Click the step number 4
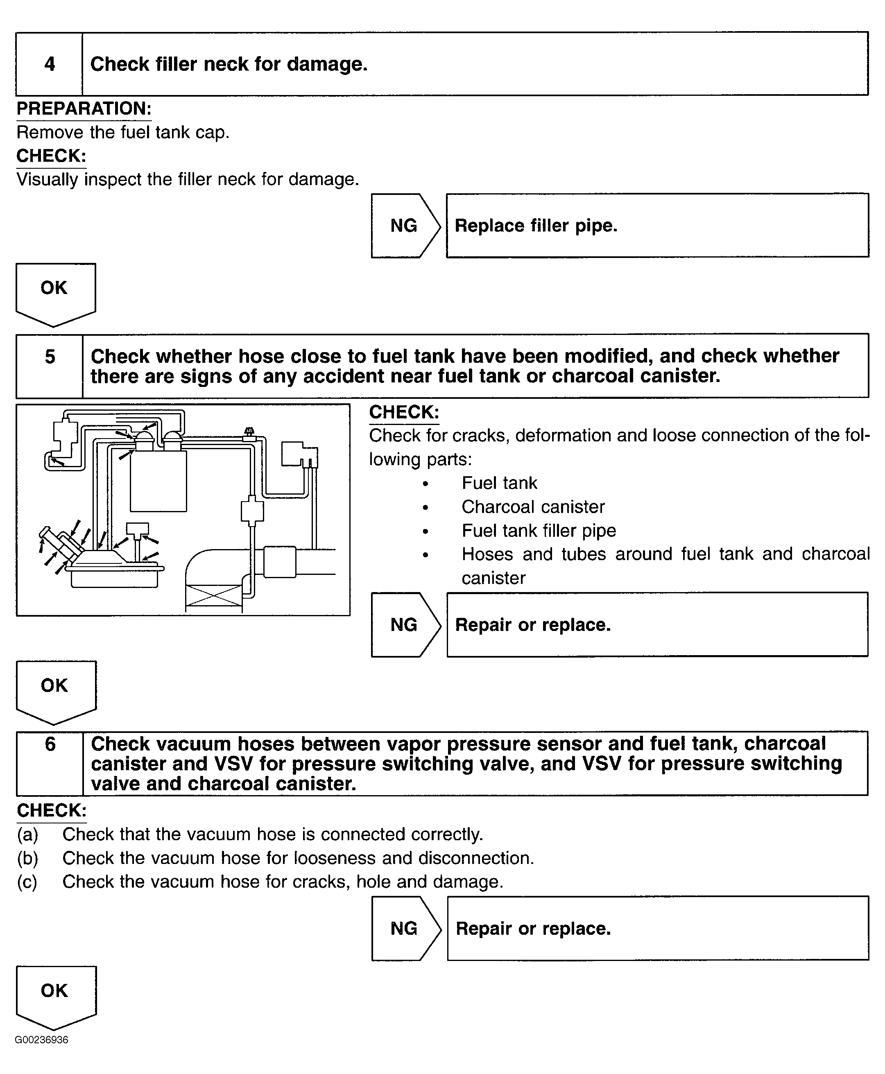tap(50, 64)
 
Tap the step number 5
tap(50, 357)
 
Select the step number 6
tap(50, 744)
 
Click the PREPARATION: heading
tap(84, 109)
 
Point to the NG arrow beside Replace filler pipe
tap(405, 225)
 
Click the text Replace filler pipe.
tap(536, 225)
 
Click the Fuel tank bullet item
tap(499, 483)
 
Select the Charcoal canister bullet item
tap(533, 506)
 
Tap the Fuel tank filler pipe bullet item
tap(539, 531)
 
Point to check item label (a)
tap(27, 834)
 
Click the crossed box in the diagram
tap(214, 595)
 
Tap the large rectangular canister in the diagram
tap(158, 481)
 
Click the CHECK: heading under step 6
tap(52, 810)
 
